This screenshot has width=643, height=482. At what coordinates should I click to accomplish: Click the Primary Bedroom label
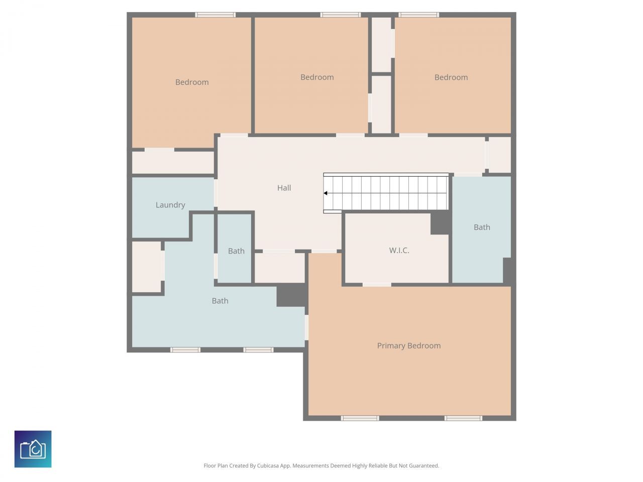pos(409,345)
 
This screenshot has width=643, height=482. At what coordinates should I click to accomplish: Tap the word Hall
pos(284,188)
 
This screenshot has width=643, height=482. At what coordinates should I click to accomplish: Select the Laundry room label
pos(170,205)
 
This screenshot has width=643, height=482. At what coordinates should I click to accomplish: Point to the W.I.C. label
pos(399,250)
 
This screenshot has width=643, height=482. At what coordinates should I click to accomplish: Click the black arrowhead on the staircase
pos(326,193)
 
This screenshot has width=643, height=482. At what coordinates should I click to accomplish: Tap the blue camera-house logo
pos(33,449)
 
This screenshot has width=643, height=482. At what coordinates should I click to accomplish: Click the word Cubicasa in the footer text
pos(268,466)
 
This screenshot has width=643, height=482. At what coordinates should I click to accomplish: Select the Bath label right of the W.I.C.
pos(482,227)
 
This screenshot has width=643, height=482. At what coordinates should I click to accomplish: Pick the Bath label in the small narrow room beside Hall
pos(236,251)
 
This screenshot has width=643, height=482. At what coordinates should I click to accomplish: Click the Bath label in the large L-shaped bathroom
pos(220,301)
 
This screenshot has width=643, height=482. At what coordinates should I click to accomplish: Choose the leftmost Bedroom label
pos(192,82)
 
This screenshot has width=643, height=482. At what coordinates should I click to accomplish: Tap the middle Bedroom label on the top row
pos(317,77)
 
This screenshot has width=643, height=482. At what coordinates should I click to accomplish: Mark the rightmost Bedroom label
pos(451,77)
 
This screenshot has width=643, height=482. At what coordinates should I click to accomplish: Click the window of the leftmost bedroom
pos(216,15)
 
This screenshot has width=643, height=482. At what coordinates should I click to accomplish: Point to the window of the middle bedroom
pos(341,15)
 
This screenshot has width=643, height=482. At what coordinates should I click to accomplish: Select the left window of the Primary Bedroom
pos(360,418)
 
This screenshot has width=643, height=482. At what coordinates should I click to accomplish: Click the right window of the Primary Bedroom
pos(463,418)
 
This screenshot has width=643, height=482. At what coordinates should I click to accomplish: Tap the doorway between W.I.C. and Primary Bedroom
pos(377,285)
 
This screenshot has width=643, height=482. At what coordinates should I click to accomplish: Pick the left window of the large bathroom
pos(185,349)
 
